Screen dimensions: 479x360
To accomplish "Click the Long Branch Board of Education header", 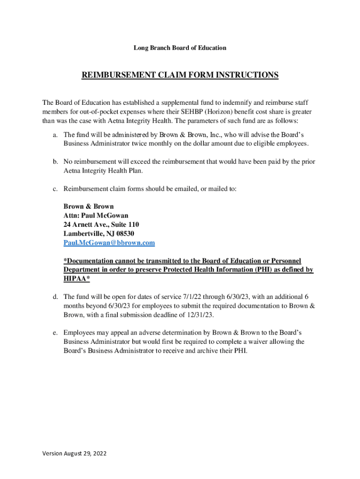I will [180, 48].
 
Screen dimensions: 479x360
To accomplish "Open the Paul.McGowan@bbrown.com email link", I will [109, 243].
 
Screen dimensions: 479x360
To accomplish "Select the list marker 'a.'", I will [55, 135].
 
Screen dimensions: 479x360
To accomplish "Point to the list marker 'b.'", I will [55, 162].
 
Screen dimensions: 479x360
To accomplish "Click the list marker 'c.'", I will [55, 189].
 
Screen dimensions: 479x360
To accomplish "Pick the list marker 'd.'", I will [55, 297].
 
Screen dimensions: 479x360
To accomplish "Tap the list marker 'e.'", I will [55, 333].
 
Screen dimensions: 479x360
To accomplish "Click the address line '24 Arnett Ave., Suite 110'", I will [101, 225].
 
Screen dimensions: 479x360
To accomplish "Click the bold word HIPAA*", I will [77, 279].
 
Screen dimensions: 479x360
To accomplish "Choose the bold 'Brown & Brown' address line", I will [88, 207].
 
